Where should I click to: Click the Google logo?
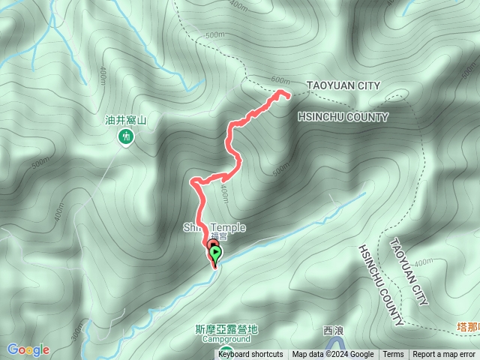(x=28, y=349)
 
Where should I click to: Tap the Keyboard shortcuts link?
(x=250, y=355)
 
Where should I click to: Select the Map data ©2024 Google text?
(x=333, y=355)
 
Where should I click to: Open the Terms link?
(x=393, y=355)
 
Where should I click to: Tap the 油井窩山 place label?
(x=125, y=119)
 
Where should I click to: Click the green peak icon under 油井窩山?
(x=125, y=136)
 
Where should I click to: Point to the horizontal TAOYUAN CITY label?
(x=343, y=85)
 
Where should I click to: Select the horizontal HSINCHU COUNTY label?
(x=343, y=117)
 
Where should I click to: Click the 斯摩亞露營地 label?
(x=226, y=328)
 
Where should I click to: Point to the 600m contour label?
(x=279, y=80)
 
